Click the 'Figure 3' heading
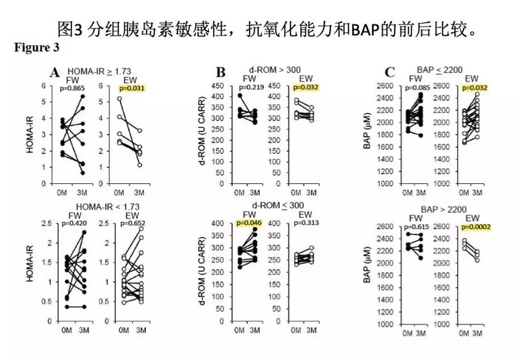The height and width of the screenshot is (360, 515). coord(36,49)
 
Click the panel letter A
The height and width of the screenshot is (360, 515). coord(53,72)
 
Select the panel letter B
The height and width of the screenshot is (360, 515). coord(221,72)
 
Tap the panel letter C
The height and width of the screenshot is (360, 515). coord(390,72)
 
